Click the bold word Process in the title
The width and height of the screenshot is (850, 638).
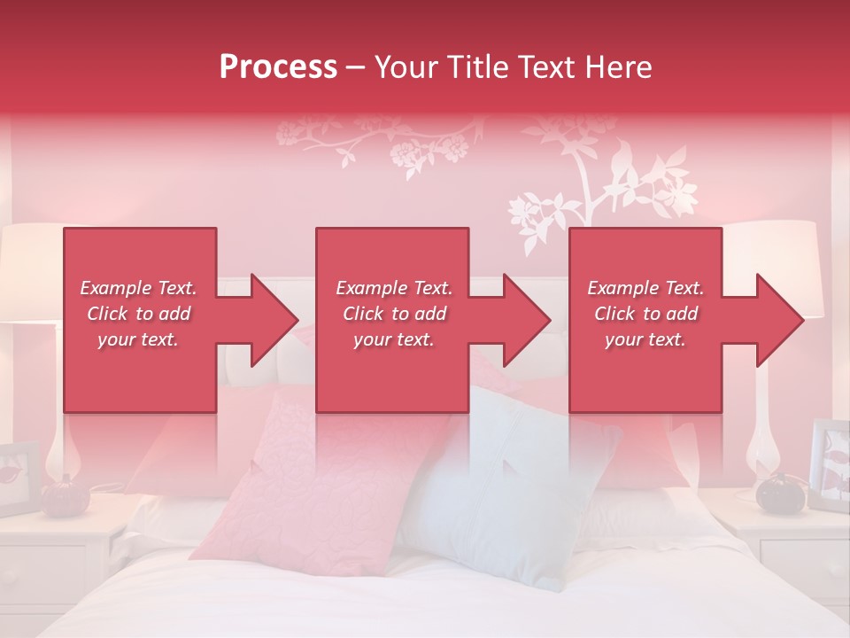click(278, 66)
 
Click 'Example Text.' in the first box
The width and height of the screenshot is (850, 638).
click(138, 288)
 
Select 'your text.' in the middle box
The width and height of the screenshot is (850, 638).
click(394, 339)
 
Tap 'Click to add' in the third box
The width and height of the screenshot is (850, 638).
click(645, 314)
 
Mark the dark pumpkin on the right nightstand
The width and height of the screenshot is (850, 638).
click(779, 492)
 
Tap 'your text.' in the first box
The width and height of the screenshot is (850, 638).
click(138, 339)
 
